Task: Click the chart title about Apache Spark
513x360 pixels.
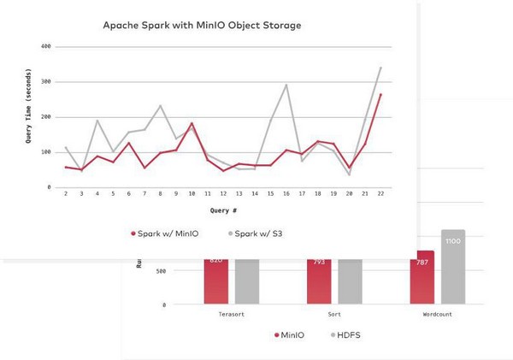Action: click(202, 25)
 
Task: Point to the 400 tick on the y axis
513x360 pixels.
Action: click(45, 47)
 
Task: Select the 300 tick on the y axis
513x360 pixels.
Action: click(45, 82)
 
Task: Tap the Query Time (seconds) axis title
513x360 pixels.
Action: click(28, 117)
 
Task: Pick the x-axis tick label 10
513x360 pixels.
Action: click(192, 194)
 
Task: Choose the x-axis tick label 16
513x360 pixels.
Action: click(286, 194)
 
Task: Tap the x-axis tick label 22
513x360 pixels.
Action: click(380, 194)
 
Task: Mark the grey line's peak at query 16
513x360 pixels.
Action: click(286, 85)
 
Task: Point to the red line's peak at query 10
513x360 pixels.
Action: click(192, 123)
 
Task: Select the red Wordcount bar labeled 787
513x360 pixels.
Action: click(421, 277)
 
